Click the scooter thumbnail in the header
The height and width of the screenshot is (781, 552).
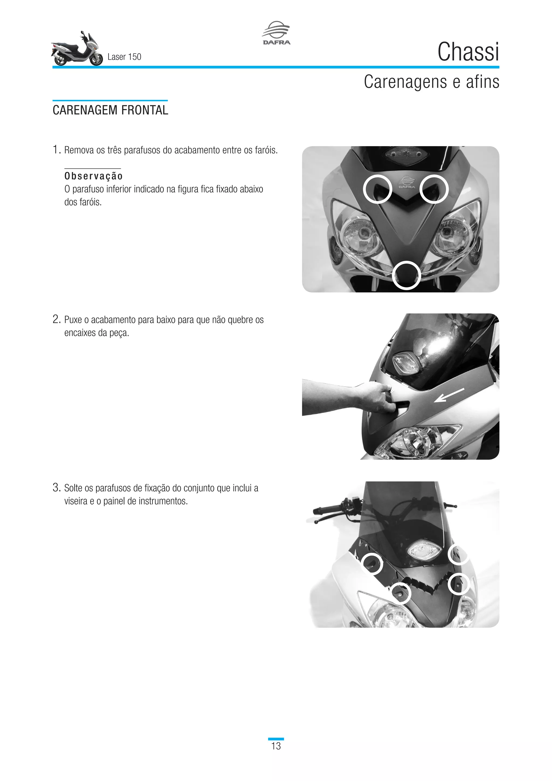[x=77, y=49]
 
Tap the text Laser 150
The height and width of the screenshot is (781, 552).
[x=124, y=57]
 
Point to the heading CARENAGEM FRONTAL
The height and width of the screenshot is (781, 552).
[x=110, y=110]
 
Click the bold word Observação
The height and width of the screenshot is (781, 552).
[x=94, y=176]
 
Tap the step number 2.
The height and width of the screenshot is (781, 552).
[x=56, y=319]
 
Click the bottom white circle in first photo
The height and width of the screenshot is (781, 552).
[x=406, y=276]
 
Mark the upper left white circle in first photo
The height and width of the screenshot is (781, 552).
[x=377, y=189]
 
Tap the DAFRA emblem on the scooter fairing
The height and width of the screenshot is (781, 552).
[x=406, y=183]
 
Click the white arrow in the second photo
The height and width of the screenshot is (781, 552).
[x=449, y=395]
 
